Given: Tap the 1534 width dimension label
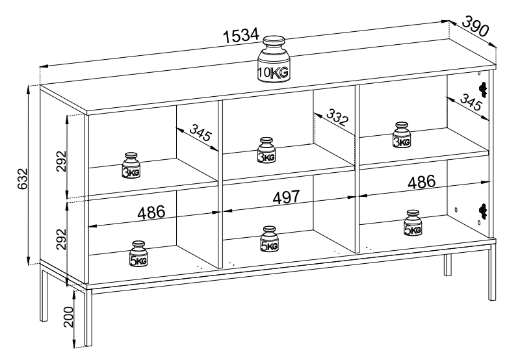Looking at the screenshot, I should point(241,37).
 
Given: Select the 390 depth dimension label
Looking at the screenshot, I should point(476,26).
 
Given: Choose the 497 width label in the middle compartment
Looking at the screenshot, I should point(286,197).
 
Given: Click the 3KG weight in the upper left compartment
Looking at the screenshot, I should point(131,166).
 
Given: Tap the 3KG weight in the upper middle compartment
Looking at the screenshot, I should point(266,150).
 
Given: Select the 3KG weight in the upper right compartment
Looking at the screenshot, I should point(402,136).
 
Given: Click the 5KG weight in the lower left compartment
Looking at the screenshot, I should point(138,254).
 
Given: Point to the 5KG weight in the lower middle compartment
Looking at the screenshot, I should point(269,239).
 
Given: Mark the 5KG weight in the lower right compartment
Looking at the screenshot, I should point(412,223).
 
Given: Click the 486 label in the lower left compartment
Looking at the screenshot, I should point(151,212).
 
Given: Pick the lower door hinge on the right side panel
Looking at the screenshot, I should point(482,209).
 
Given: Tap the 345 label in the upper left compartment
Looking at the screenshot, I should point(201,134).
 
